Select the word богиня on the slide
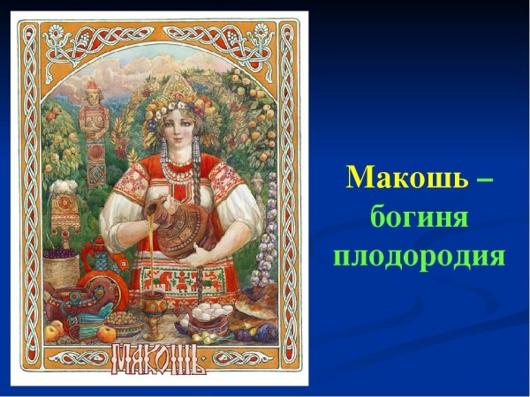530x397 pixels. pyautogui.click(x=419, y=217)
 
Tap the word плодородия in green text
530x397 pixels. pyautogui.click(x=419, y=257)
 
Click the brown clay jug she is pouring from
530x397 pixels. pyautogui.click(x=188, y=231)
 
